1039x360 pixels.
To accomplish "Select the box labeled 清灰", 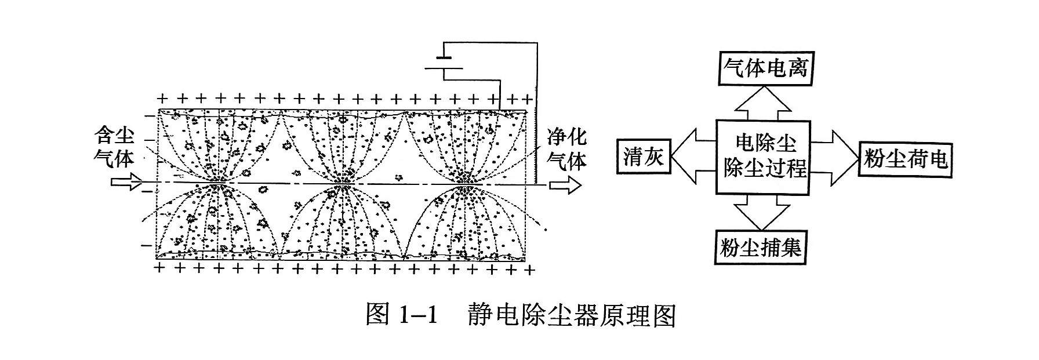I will tap(644, 157).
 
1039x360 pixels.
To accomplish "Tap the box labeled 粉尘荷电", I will tap(904, 158).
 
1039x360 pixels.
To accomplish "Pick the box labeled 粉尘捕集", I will tap(761, 249).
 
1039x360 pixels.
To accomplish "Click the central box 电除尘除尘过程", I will tap(764, 157).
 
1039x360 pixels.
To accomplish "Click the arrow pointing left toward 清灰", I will tap(693, 157).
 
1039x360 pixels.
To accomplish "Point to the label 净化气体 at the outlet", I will tap(567, 148).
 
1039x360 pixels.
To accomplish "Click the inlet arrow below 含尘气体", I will tap(126, 183).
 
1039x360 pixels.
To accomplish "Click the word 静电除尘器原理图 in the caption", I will tap(571, 316).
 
